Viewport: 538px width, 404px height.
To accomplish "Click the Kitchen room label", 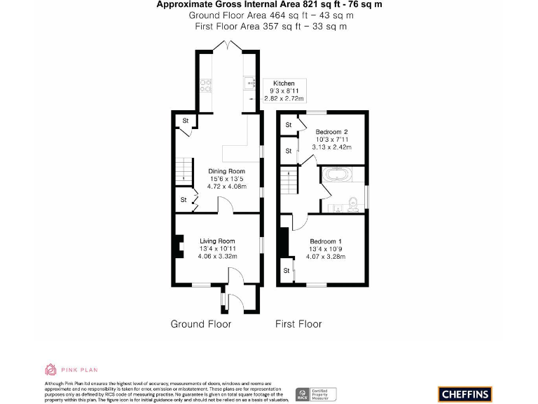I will pos(284,83).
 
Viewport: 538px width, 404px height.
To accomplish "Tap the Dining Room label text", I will pos(227,171).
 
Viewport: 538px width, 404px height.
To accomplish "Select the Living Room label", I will pos(217,241).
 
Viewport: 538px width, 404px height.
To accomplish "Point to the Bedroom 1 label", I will pos(326,241).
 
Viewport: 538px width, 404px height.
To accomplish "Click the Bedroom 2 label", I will pos(331,132).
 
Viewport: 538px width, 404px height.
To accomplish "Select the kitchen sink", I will pos(251,85).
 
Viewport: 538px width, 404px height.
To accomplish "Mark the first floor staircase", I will pos(289,181).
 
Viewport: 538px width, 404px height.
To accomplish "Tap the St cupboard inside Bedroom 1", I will pos(287,270).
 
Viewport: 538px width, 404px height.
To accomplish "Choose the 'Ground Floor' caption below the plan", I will pos(200,324).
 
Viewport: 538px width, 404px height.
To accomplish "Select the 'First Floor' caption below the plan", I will pos(298,324).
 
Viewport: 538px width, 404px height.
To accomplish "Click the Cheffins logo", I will pos(466,394).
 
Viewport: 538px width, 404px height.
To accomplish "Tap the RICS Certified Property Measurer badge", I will pos(315,394).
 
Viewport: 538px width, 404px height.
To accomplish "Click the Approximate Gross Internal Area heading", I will pos(269,5).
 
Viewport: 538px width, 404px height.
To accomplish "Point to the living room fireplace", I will pos(178,247).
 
